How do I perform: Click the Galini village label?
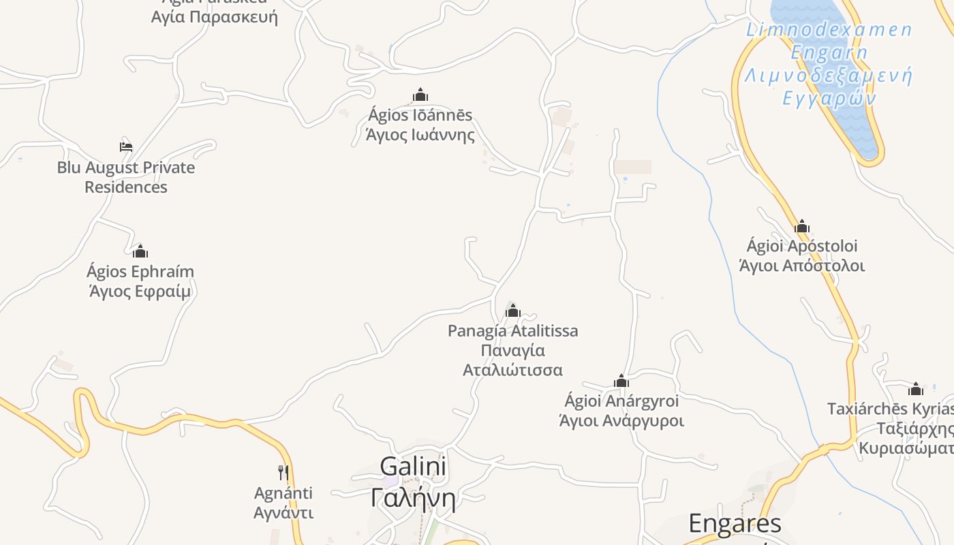413,467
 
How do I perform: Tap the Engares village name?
735,524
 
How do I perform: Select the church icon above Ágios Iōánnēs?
420,95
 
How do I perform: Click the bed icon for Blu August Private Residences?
125,146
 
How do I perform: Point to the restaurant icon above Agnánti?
283,472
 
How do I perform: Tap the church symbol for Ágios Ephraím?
140,251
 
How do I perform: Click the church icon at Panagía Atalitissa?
512,311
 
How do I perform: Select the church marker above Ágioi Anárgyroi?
621,380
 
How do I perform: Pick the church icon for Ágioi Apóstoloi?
802,226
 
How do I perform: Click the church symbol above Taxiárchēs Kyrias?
916,389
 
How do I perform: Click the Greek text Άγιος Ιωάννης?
420,135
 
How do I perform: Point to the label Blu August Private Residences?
126,177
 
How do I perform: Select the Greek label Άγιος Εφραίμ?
140,292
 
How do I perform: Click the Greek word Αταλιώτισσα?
512,370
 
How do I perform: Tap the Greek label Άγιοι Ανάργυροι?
621,420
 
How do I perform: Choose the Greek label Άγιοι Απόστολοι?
802,266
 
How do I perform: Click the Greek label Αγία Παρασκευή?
215,16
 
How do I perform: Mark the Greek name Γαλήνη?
413,497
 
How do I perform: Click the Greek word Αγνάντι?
283,512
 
